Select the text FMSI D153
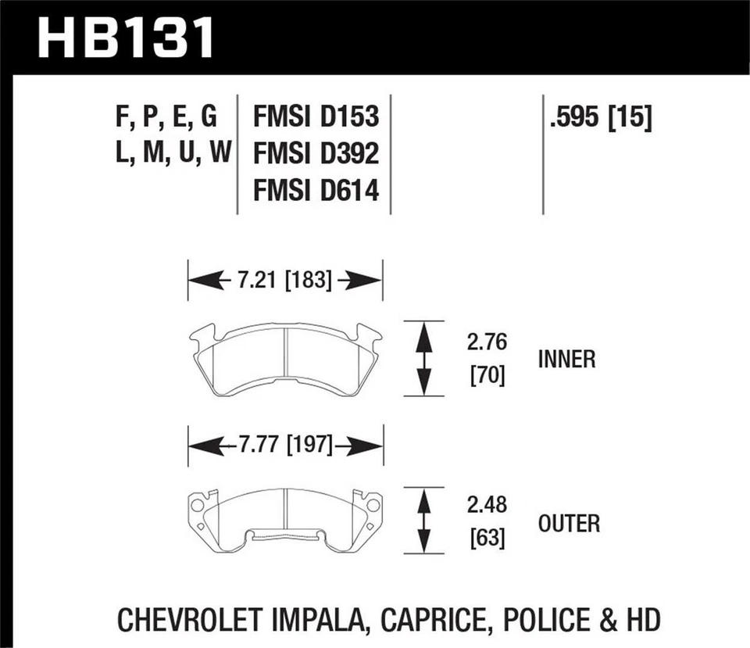(x=316, y=117)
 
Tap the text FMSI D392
(x=316, y=154)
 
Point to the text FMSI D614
(x=316, y=190)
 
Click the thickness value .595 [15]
(x=600, y=117)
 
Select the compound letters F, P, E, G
(x=166, y=117)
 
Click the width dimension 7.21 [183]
(x=284, y=280)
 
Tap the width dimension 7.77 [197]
(x=284, y=446)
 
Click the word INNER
(x=566, y=360)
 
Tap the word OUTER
(x=569, y=523)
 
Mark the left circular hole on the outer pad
(x=197, y=506)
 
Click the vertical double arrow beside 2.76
(x=423, y=359)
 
